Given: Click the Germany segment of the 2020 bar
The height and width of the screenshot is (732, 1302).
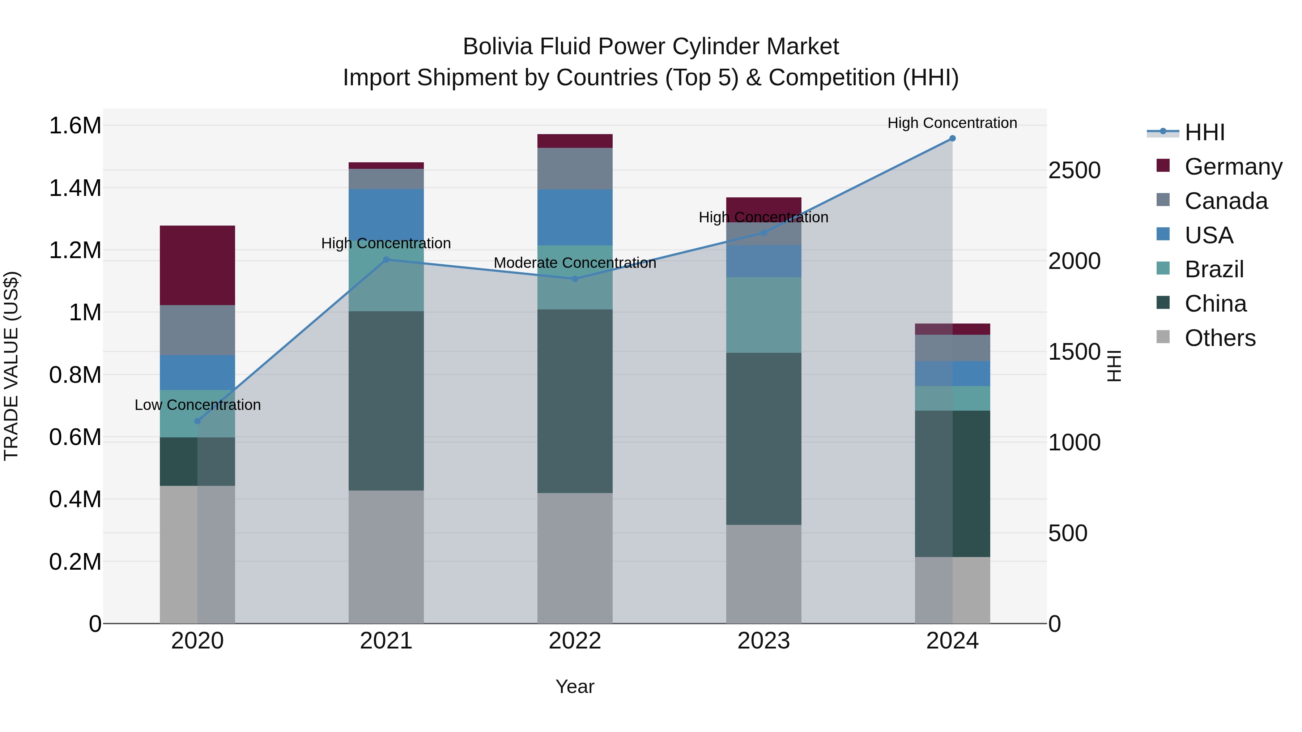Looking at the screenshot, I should tap(197, 265).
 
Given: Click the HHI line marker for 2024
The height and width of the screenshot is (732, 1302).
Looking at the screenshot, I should tap(952, 138).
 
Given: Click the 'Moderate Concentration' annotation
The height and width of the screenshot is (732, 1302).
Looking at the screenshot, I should tap(575, 263).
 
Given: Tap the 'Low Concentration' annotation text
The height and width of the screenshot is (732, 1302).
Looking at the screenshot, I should tap(197, 404).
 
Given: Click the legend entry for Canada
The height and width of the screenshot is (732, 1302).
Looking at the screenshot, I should tap(1225, 201).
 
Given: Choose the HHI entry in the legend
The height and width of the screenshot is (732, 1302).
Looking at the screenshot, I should tap(1204, 132).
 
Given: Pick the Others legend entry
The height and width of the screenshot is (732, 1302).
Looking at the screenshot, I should tap(1219, 338).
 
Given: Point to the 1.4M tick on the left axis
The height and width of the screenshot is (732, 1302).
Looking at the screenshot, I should tap(75, 188).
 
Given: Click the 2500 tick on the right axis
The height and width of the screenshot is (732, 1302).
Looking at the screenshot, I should tap(1074, 170).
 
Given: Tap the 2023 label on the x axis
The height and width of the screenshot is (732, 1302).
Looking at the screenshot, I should tap(763, 641).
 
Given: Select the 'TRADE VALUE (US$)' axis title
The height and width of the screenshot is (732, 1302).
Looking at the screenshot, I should tap(11, 366).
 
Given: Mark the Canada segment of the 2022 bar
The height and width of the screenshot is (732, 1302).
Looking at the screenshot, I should tap(575, 169).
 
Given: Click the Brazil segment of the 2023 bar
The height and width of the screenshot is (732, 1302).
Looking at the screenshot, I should tap(763, 315).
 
